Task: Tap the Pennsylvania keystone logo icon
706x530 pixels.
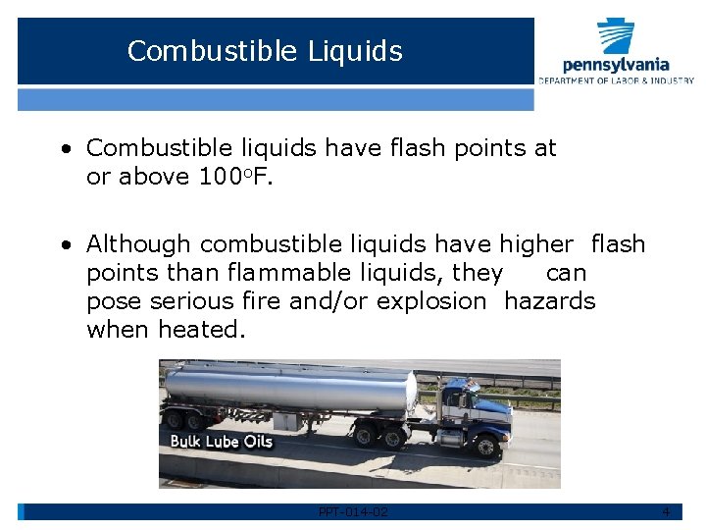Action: coord(616,36)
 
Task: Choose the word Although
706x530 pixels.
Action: coord(138,244)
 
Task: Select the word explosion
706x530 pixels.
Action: coord(432,301)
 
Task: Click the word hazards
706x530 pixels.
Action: coord(549,301)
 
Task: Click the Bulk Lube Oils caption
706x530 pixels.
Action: coord(222,441)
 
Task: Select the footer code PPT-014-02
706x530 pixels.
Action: coord(353,512)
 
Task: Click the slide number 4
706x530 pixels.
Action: coord(666,512)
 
